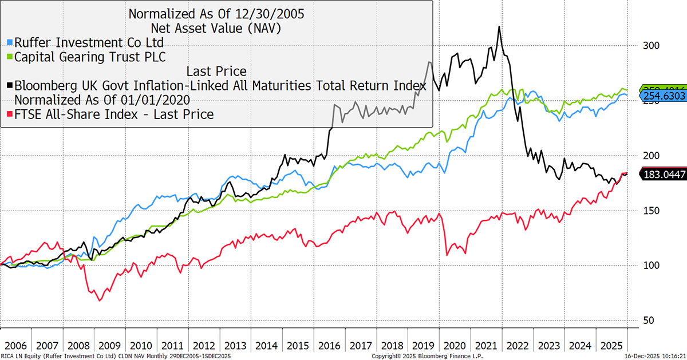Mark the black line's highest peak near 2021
tap(500, 26)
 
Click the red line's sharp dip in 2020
tap(447, 255)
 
